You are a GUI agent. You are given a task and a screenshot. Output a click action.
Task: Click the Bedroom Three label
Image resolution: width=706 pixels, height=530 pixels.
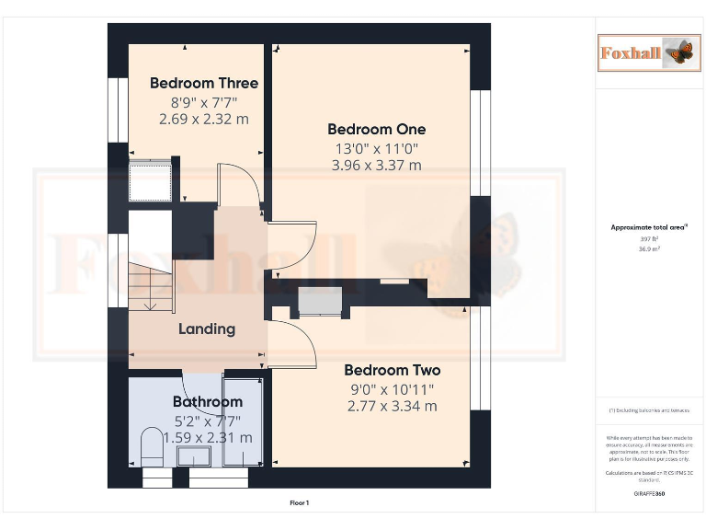204,84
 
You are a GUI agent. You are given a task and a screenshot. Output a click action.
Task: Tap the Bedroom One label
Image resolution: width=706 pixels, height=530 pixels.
376,130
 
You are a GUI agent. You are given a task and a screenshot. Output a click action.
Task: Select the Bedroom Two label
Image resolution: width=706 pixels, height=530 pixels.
392,370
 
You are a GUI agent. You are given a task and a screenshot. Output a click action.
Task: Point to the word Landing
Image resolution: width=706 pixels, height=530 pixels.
207,328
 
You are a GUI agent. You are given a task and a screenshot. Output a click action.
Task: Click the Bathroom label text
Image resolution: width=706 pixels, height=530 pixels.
208,402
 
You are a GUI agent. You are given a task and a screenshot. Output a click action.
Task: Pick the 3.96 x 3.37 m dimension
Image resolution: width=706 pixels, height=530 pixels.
376,166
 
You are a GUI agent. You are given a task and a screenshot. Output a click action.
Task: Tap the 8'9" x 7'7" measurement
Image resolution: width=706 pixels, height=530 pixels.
204,102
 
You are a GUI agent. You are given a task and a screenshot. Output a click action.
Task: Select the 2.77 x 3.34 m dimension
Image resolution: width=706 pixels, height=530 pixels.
392,406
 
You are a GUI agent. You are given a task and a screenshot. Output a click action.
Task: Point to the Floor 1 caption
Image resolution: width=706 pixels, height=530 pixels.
300,503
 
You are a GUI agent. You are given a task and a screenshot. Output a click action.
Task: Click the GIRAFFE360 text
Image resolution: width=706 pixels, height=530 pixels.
649,494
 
